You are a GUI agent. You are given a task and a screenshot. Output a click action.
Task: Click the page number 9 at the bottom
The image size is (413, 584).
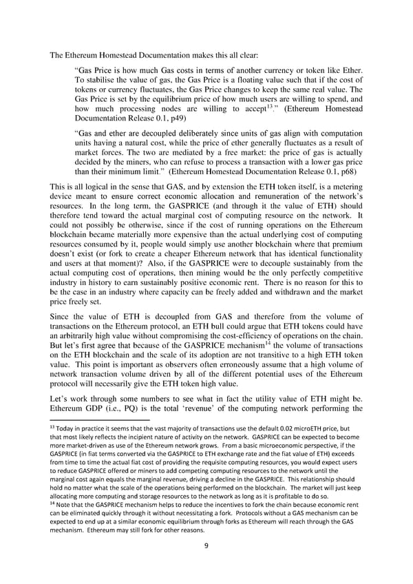coord(206,548)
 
